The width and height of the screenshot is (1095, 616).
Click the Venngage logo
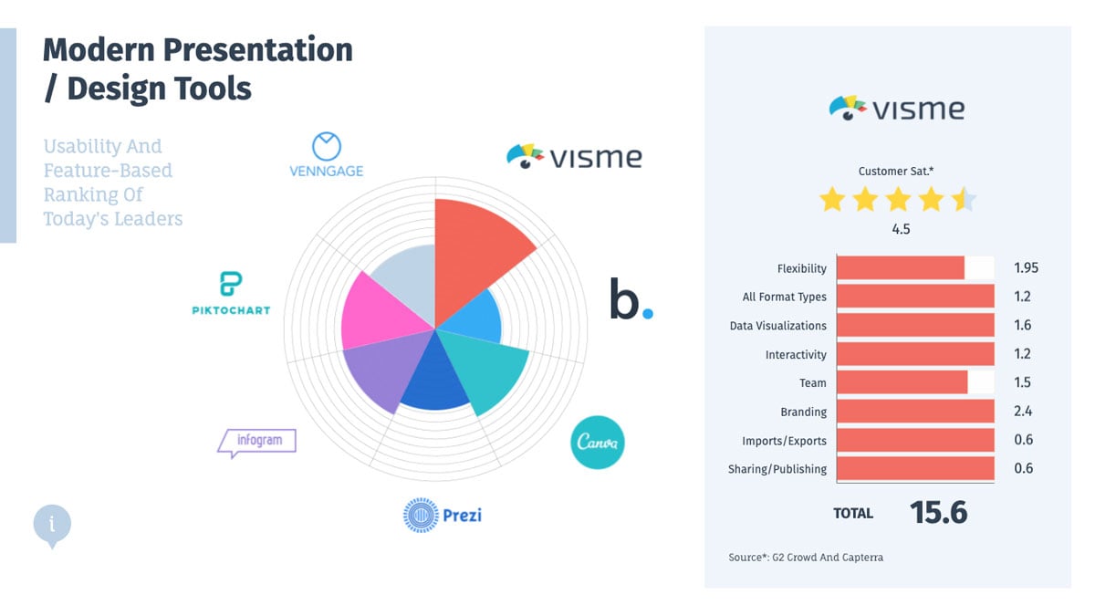click(x=326, y=155)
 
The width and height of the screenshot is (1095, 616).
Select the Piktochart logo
click(x=231, y=293)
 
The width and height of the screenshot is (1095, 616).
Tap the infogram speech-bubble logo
click(x=257, y=442)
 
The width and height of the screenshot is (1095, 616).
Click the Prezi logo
click(x=443, y=515)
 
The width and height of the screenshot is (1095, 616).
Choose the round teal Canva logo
click(x=598, y=443)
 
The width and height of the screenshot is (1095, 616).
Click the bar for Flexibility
click(x=900, y=267)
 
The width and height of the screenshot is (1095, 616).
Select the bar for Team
click(x=902, y=382)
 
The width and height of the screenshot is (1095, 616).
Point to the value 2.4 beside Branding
click(x=1023, y=412)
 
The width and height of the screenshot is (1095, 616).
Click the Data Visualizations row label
click(x=777, y=326)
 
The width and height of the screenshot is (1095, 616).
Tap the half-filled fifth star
click(x=964, y=199)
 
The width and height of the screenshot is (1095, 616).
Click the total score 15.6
click(x=938, y=513)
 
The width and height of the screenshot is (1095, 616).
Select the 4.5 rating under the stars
click(x=901, y=229)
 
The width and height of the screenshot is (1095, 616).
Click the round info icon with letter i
click(x=52, y=524)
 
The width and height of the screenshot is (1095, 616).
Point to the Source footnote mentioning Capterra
click(x=806, y=557)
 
